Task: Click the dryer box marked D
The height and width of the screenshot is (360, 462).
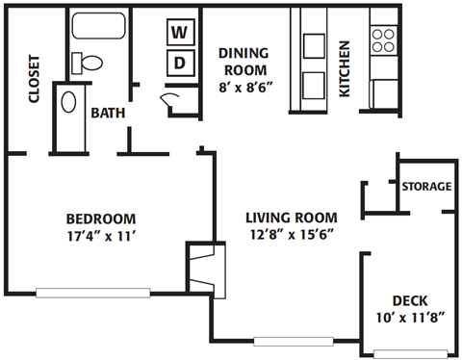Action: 179,63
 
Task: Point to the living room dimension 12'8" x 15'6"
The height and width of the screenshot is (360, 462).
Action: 290,233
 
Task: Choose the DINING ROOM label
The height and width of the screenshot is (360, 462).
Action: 247,62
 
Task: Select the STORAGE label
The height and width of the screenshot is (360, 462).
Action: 426,186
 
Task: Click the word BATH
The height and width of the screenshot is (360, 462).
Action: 107,113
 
